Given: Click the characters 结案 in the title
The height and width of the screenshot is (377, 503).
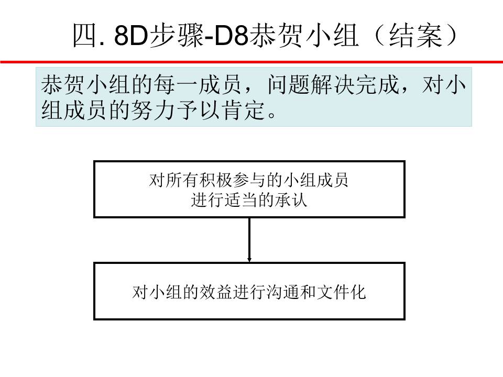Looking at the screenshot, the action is pos(415,36).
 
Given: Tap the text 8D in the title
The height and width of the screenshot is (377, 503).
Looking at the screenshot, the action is pos(131,36).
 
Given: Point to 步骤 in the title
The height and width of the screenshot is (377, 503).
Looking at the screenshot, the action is pos(176,36).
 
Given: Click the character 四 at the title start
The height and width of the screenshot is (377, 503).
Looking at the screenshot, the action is pos(85,36).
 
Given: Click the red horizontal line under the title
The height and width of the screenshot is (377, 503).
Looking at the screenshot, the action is pos(251,62).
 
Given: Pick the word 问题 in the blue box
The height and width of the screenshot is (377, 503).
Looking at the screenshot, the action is pos(288,85).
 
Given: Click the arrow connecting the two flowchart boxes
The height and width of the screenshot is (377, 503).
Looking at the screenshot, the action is pos(249,240).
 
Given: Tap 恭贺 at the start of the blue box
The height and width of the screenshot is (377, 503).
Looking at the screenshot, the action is pos(62,85).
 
